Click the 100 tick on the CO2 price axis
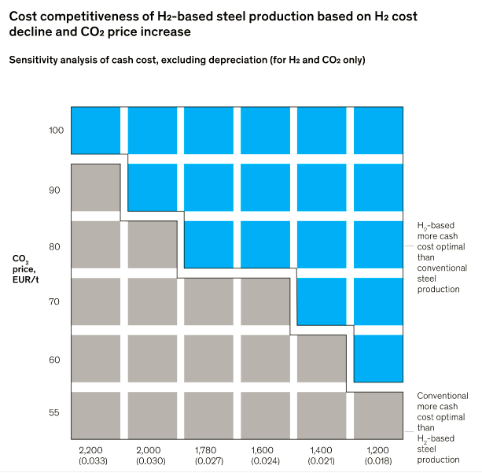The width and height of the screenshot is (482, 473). pos(55,129)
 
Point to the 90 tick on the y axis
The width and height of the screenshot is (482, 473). pos(55,190)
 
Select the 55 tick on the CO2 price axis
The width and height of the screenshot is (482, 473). pos(55,412)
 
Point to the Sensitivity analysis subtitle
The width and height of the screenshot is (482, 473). pos(186,60)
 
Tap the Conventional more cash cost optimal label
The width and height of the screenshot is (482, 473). pos(442,427)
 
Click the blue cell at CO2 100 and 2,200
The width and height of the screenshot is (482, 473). pos(95,129)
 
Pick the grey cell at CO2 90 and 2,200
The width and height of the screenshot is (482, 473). pos(95,187)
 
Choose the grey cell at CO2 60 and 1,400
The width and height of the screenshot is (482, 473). pos(322,358)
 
